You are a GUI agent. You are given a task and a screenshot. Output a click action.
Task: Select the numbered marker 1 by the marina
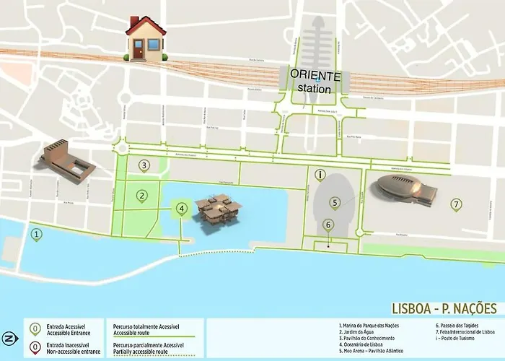37,232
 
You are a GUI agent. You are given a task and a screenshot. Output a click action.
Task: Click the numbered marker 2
143,195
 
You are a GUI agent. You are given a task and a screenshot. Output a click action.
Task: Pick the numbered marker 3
144,165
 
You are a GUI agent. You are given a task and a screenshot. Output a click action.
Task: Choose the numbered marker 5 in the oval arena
335,203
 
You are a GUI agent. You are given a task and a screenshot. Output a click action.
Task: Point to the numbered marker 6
328,224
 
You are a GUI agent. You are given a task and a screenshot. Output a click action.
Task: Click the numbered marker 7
456,204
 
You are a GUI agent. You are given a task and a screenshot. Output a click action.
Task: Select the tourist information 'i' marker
320,174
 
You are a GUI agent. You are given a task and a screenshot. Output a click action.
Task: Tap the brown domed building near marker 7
407,190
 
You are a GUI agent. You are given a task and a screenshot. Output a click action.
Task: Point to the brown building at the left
69,161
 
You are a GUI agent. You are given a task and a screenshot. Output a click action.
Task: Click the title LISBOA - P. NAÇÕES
444,309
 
